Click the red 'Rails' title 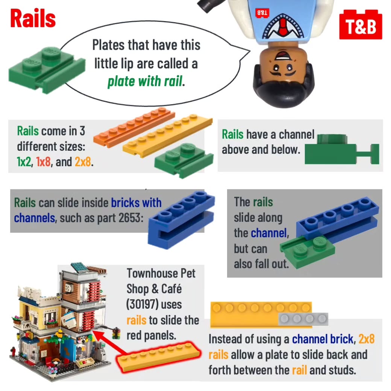click(33, 18)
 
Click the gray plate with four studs click(303, 319)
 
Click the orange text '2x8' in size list click(82, 162)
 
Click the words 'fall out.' click(270, 264)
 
